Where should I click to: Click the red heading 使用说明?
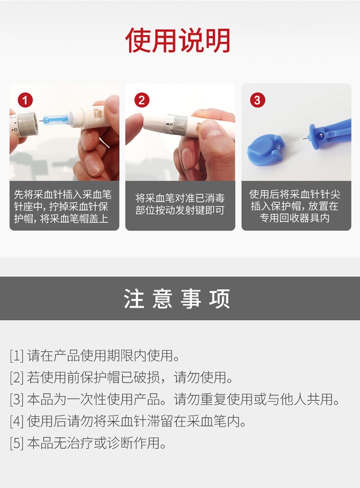(x=178, y=40)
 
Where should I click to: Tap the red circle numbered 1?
(x=25, y=100)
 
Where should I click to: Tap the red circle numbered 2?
(x=142, y=100)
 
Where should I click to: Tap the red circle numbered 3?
(x=257, y=100)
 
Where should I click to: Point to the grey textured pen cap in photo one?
(x=27, y=123)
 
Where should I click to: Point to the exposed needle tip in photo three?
(x=303, y=139)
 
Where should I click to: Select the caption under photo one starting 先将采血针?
(x=62, y=206)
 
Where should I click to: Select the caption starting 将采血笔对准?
(x=180, y=204)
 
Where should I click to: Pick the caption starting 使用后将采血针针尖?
(x=295, y=206)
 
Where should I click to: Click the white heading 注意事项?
(x=177, y=298)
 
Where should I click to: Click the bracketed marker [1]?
(x=16, y=356)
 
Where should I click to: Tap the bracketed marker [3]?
(x=16, y=399)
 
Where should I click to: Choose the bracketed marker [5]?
(x=16, y=443)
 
